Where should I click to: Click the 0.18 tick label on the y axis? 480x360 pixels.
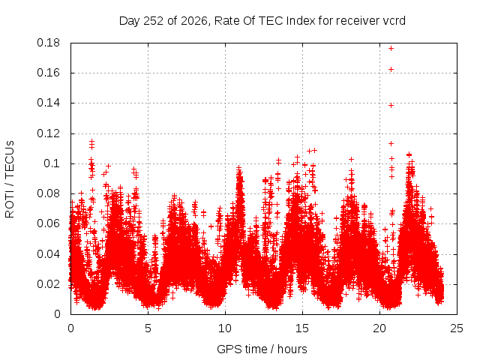(48, 43)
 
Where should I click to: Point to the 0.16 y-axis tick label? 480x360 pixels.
(48, 73)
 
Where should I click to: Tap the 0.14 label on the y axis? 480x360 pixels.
(48, 103)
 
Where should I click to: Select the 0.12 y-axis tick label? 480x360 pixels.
(48, 133)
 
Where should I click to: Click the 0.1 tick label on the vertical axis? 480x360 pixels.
(52, 163)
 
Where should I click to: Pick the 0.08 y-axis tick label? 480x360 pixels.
(48, 193)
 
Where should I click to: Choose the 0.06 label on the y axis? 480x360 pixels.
(48, 223)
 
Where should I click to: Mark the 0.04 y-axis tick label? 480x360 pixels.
(48, 254)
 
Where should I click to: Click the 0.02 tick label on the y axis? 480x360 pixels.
(48, 284)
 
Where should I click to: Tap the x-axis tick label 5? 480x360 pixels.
(148, 328)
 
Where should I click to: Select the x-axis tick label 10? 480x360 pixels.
(225, 328)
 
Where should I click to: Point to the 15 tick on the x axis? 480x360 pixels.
(302, 328)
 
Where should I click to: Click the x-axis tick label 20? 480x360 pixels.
(379, 328)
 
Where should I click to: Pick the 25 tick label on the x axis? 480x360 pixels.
(457, 328)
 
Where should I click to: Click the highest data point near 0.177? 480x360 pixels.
(391, 48)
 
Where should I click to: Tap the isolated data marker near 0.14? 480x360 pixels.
(391, 105)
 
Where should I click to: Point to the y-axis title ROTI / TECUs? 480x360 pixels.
(10, 179)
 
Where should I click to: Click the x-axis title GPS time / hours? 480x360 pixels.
(262, 349)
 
